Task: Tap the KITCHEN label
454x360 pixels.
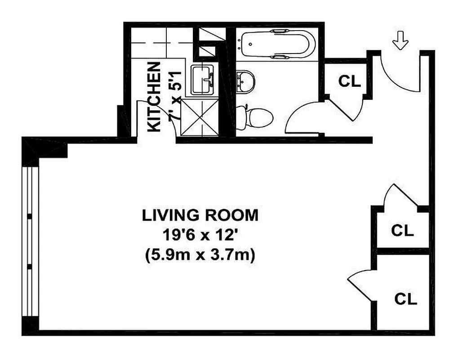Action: tap(154, 97)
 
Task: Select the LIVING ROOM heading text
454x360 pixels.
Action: tap(200, 216)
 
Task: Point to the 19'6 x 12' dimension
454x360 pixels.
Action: tap(200, 235)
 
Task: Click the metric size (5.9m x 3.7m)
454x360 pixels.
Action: tap(200, 255)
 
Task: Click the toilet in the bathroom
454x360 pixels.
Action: tap(256, 117)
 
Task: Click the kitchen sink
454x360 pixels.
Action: tap(203, 80)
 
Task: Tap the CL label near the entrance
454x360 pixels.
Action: tap(349, 81)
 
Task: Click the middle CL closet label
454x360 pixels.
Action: tap(402, 230)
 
